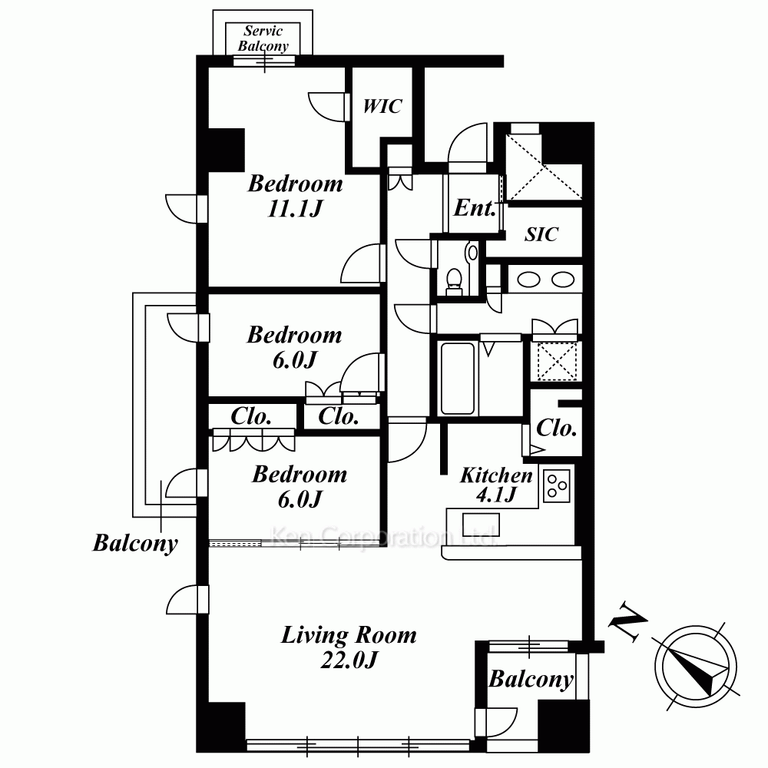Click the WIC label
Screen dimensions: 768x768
(x=382, y=106)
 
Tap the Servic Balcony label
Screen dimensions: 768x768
(x=263, y=38)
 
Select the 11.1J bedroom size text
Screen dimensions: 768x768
(x=295, y=209)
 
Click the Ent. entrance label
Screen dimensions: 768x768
(x=475, y=208)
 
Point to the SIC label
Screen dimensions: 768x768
(x=541, y=234)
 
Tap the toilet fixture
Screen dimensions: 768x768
(x=454, y=281)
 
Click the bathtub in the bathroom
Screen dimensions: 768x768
(x=458, y=378)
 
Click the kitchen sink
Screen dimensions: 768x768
(x=481, y=525)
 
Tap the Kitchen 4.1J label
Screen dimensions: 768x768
(x=496, y=485)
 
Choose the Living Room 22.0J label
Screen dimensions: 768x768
(x=349, y=647)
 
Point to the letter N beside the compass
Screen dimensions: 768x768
(x=627, y=621)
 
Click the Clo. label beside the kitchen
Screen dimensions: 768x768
(x=556, y=428)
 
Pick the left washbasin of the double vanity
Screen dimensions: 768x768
(x=529, y=280)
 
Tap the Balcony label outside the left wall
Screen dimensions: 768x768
(x=135, y=543)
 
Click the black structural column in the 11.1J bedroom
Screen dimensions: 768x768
(x=227, y=150)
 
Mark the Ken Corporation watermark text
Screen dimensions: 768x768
(x=382, y=537)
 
